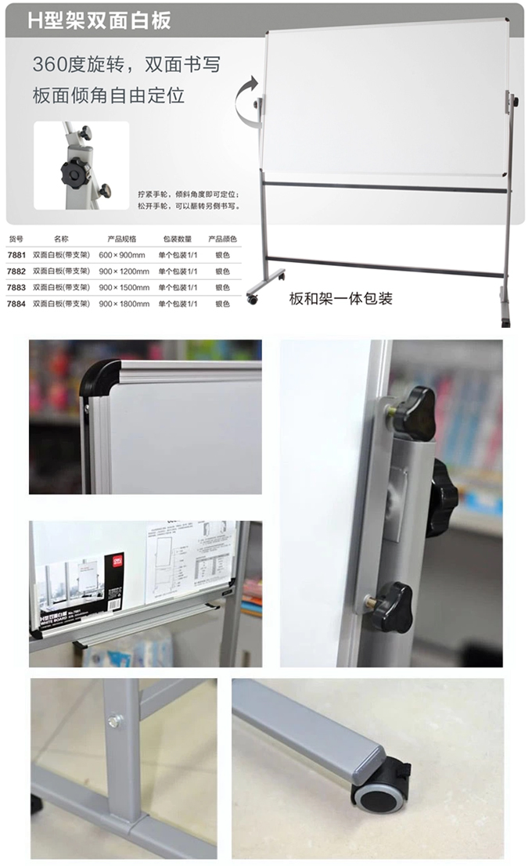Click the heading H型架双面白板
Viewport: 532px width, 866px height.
pos(99,21)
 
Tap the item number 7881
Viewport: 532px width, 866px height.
pos(16,255)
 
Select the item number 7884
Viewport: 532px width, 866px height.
pos(16,303)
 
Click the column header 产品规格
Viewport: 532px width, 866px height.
pos(122,239)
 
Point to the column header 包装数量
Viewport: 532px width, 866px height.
pos(177,239)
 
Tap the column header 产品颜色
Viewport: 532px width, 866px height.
pos(222,239)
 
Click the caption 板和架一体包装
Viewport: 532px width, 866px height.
pos(340,298)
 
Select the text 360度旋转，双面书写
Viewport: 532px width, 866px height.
pos(126,64)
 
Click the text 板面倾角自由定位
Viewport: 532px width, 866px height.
pos(109,96)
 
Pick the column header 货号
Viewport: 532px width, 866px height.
pos(16,239)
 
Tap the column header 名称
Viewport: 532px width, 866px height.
pos(62,239)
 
